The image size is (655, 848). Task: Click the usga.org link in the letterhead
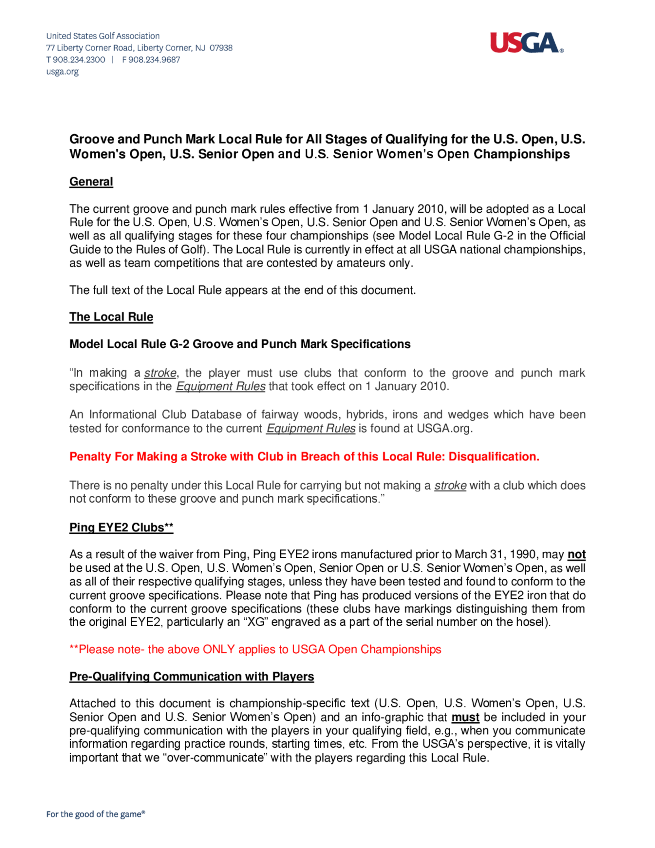click(63, 72)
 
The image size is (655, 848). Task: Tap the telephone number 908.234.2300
click(79, 60)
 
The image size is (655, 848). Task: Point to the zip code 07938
click(221, 48)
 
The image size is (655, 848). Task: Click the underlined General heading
click(91, 182)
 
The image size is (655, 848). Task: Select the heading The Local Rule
click(111, 317)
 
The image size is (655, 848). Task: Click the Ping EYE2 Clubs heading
click(121, 527)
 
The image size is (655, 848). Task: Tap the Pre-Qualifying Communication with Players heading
click(191, 676)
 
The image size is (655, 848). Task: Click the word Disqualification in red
click(494, 457)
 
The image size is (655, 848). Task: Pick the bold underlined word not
click(576, 554)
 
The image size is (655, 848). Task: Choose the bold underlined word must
click(465, 717)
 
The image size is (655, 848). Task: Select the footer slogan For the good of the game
click(95, 814)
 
